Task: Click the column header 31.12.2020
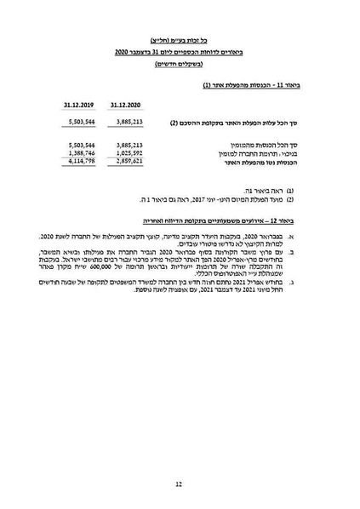click(126, 106)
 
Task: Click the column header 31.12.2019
click(78, 106)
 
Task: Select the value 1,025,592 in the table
click(126, 152)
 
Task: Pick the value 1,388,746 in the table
click(78, 152)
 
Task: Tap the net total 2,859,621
click(126, 159)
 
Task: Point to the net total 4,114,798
click(78, 159)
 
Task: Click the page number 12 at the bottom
click(180, 483)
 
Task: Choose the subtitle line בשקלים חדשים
click(180, 65)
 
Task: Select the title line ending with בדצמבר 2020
click(180, 52)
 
